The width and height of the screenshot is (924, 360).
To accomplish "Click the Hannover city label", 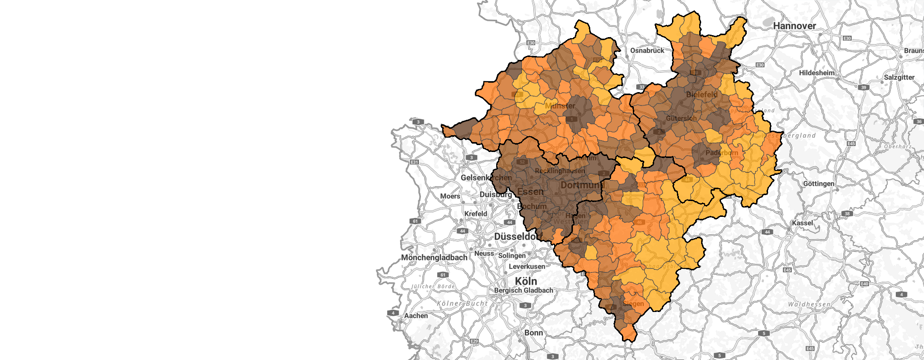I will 794,26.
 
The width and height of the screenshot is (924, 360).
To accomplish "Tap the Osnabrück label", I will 647,51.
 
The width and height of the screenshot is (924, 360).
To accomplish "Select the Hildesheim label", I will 817,73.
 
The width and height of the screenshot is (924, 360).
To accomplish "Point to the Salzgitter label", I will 899,77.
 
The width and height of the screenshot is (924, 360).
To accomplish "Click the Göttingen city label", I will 819,184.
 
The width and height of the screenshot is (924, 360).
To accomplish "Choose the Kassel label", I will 802,223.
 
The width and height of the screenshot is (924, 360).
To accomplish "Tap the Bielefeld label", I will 702,95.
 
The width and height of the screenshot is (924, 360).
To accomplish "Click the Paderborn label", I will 721,153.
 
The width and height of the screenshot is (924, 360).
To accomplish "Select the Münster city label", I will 560,105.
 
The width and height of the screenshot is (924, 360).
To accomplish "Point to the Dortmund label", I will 582,185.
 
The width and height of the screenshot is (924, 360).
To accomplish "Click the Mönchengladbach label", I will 434,257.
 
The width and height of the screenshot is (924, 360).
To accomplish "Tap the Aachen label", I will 416,315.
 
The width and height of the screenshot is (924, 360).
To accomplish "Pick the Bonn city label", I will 534,333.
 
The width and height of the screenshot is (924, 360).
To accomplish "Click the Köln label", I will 526,281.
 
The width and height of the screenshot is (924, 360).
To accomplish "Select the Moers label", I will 450,196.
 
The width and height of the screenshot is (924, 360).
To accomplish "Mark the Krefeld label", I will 475,214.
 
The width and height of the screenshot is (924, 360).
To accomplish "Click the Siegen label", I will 634,304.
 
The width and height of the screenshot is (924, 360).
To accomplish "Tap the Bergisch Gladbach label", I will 523,290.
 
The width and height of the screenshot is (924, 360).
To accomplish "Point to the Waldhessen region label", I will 809,304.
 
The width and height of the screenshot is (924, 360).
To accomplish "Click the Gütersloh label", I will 681,118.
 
